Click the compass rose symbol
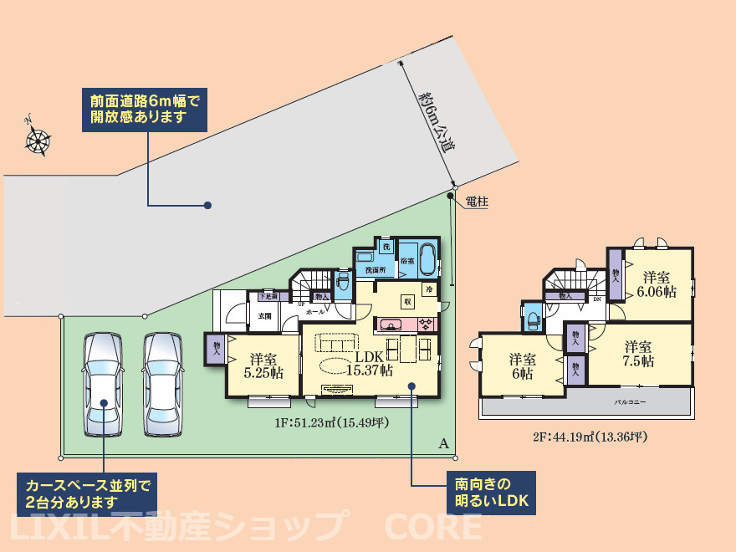(x=38, y=140)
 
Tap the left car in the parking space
(x=103, y=385)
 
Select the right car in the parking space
(x=161, y=385)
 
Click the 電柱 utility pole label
(x=476, y=201)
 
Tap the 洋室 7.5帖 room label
(x=638, y=354)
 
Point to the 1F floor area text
(x=331, y=423)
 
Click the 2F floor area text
(x=590, y=437)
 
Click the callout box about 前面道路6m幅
(x=144, y=109)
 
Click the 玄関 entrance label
(x=265, y=315)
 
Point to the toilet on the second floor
(x=534, y=320)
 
